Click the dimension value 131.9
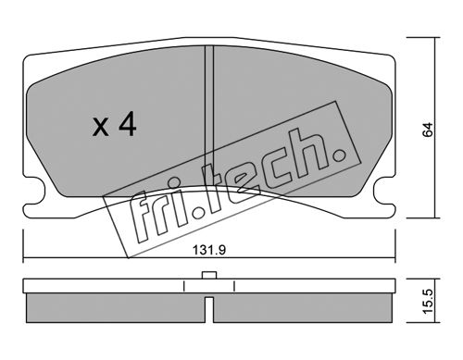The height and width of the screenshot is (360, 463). pos(209,250)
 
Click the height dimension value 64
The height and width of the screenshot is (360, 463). pos(428,130)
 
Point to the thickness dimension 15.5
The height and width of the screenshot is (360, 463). pos(428,302)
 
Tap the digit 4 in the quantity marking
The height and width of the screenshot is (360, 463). pos(128,124)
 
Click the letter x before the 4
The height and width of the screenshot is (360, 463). pos(100,128)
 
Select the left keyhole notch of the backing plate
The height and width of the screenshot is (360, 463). pos(34,191)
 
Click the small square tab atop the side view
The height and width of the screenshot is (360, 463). pos(209,275)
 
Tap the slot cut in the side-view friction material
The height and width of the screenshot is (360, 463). pos(209,310)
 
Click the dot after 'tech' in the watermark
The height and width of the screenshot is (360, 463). pos(339,155)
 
